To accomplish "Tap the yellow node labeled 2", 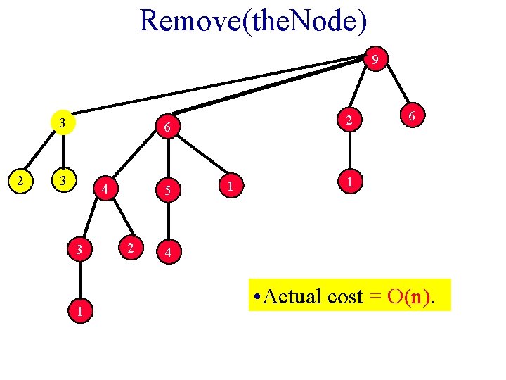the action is [x=22, y=180].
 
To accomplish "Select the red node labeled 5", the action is [x=167, y=189].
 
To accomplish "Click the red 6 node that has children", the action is [x=167, y=127].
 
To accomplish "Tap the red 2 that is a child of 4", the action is [x=129, y=247].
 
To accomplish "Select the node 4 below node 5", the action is [x=167, y=251].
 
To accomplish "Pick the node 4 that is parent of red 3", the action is [x=105, y=189].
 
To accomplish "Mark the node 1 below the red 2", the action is [x=349, y=181].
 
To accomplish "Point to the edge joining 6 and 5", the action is [x=167, y=158].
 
